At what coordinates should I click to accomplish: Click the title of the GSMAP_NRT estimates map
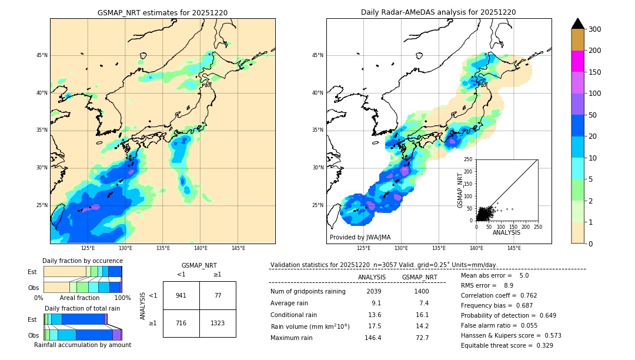[162, 12]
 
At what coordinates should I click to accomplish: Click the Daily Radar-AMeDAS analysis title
[438, 12]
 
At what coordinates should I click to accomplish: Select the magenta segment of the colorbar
[577, 61]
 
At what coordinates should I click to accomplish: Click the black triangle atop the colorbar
[577, 24]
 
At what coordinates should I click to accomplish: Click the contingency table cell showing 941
[181, 295]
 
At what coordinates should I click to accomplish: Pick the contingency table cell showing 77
[218, 295]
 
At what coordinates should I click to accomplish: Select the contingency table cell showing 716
[181, 324]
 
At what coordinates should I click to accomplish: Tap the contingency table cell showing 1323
[218, 324]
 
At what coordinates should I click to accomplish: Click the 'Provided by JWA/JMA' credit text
[360, 238]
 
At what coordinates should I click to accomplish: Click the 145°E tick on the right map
[514, 248]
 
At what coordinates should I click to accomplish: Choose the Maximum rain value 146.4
[372, 338]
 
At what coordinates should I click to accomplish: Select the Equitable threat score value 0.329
[541, 345]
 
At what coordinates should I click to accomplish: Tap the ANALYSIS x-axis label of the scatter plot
[506, 232]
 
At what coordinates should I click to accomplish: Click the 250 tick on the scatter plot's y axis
[468, 159]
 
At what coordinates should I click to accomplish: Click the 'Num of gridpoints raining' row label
[308, 292]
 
